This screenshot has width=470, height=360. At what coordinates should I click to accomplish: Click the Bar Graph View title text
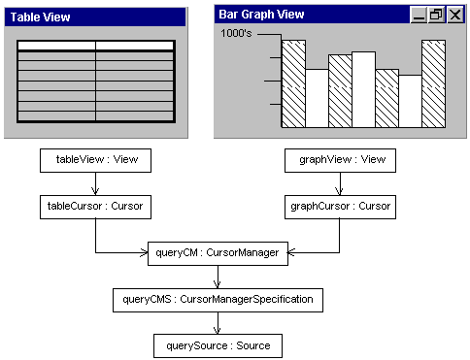pos(260,15)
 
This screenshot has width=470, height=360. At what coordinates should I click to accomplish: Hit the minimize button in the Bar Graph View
pos(419,15)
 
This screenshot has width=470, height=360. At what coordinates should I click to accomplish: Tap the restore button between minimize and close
pos(436,15)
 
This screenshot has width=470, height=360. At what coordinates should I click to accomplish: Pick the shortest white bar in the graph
pos(410,101)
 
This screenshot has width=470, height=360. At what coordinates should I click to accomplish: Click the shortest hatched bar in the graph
pos(386,98)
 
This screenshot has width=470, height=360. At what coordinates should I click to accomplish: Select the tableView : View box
pos(94,160)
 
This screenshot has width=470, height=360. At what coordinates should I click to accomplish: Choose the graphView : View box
pos(340,160)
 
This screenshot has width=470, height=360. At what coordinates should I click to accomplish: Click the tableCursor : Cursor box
pos(94,207)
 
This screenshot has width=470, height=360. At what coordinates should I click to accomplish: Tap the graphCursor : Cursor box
pos(340,207)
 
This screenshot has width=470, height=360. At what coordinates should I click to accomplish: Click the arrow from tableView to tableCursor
pos(94,183)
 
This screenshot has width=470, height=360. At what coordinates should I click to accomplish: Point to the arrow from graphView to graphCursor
pos(340,183)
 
